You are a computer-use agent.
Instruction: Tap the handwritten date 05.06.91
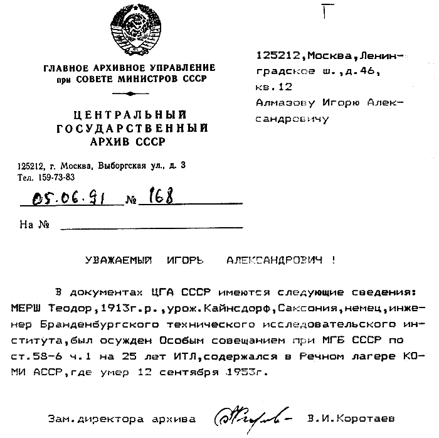point(71,200)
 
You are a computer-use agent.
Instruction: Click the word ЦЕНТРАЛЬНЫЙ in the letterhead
point(130,114)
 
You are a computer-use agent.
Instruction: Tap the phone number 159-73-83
point(53,177)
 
